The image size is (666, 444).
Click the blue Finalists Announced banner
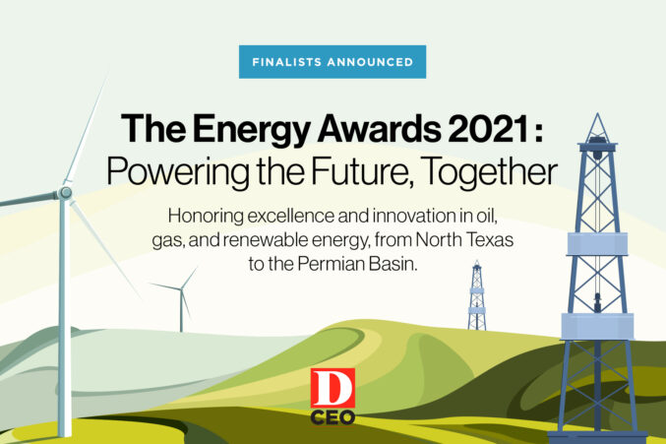(333, 62)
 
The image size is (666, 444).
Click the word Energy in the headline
(252, 130)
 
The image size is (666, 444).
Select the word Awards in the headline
(380, 129)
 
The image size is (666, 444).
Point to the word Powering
(178, 172)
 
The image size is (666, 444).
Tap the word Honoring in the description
(206, 217)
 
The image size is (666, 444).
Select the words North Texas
(464, 239)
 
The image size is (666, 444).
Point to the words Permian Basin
(357, 264)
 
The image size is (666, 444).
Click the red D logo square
(333, 388)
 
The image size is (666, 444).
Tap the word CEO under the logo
(333, 417)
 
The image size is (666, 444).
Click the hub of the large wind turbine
(65, 193)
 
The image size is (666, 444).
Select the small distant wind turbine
(181, 299)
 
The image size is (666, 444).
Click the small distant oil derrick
(477, 295)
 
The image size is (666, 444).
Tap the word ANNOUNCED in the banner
(370, 62)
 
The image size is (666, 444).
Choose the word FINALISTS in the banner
(286, 62)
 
